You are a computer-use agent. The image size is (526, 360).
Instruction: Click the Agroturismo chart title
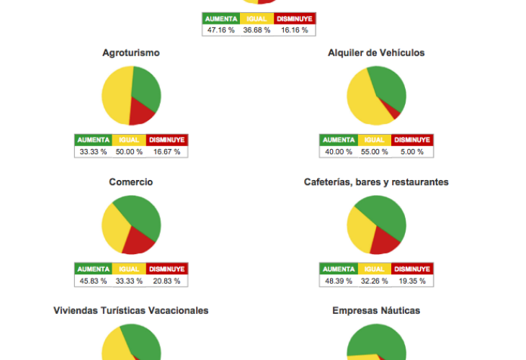(131, 53)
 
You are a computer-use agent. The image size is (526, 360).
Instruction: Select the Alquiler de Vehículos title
(376, 53)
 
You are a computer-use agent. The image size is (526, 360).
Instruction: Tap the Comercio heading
(131, 182)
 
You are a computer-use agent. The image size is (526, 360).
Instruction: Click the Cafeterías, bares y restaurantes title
(376, 182)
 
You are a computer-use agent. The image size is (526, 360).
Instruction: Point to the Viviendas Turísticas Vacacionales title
(131, 310)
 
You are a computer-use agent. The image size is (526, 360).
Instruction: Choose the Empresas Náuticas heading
(376, 310)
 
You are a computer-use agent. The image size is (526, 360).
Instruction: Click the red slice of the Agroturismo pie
(141, 112)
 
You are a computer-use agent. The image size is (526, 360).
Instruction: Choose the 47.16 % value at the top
(220, 30)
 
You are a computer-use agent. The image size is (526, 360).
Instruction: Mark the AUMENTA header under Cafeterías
(338, 269)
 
